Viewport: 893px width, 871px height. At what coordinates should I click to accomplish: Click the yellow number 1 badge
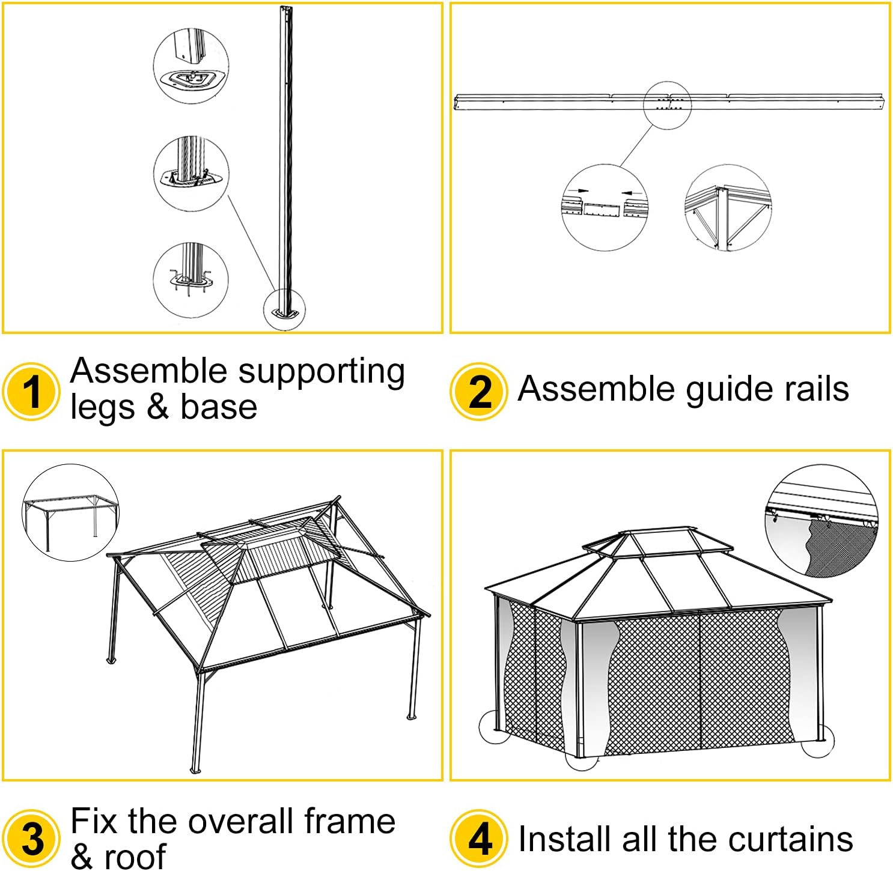[x=31, y=392]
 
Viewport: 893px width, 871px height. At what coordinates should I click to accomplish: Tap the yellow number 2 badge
[x=479, y=392]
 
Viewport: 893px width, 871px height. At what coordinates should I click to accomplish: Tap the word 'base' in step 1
[x=219, y=407]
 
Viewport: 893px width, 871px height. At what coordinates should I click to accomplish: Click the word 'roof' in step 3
[x=135, y=857]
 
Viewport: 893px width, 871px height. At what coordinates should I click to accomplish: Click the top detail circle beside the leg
[x=191, y=65]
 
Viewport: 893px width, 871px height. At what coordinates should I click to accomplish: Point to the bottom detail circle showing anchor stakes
[x=191, y=280]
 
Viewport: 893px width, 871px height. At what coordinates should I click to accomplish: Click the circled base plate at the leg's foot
[x=285, y=310]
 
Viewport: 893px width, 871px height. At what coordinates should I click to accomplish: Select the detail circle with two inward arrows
[x=604, y=208]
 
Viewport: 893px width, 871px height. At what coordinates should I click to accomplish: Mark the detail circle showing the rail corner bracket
[x=728, y=208]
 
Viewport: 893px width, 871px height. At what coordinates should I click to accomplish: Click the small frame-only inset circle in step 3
[x=71, y=512]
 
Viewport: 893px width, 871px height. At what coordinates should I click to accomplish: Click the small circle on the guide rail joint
[x=667, y=105]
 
